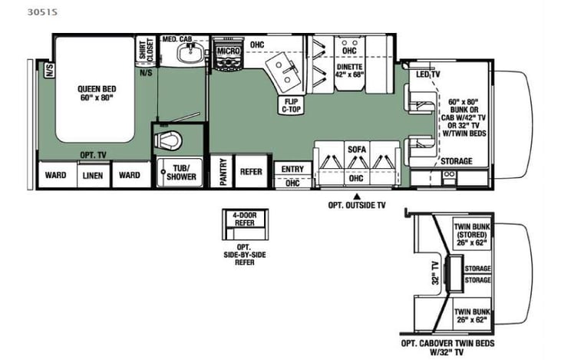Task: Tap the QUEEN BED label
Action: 94,92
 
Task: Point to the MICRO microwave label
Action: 228,51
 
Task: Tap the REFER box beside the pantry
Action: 252,172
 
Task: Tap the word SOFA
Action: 356,150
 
